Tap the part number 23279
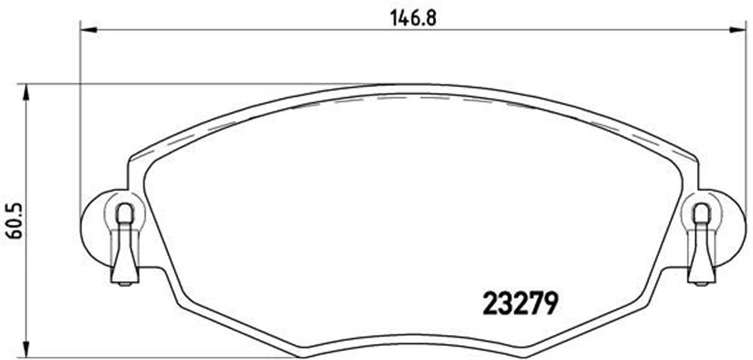(x=520, y=305)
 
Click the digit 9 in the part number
(x=549, y=305)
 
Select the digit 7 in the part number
(x=535, y=305)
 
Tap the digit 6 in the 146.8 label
(x=414, y=17)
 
